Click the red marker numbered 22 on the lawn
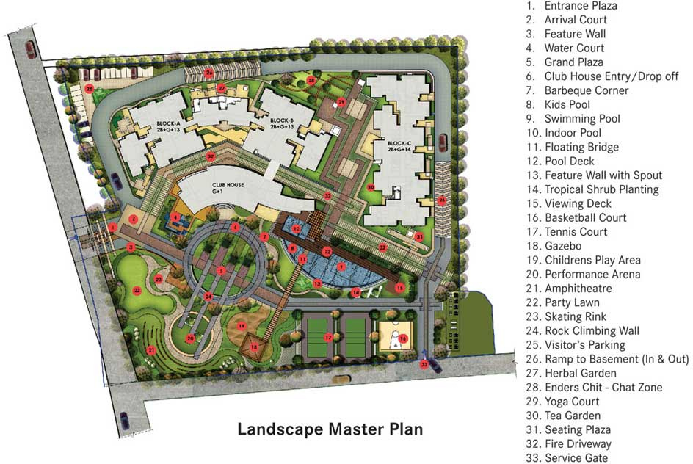(137, 290)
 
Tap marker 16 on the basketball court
(403, 338)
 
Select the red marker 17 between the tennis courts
(328, 338)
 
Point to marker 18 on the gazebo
(254, 347)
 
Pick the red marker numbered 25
(89, 89)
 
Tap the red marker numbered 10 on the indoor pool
(296, 229)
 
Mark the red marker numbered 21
(151, 349)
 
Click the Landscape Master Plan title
(330, 428)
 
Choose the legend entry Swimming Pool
(581, 119)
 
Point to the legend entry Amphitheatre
(578, 289)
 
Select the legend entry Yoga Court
(572, 402)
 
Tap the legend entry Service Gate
(576, 458)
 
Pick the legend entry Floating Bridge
(581, 147)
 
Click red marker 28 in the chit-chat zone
(311, 81)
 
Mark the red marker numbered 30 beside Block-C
(371, 188)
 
